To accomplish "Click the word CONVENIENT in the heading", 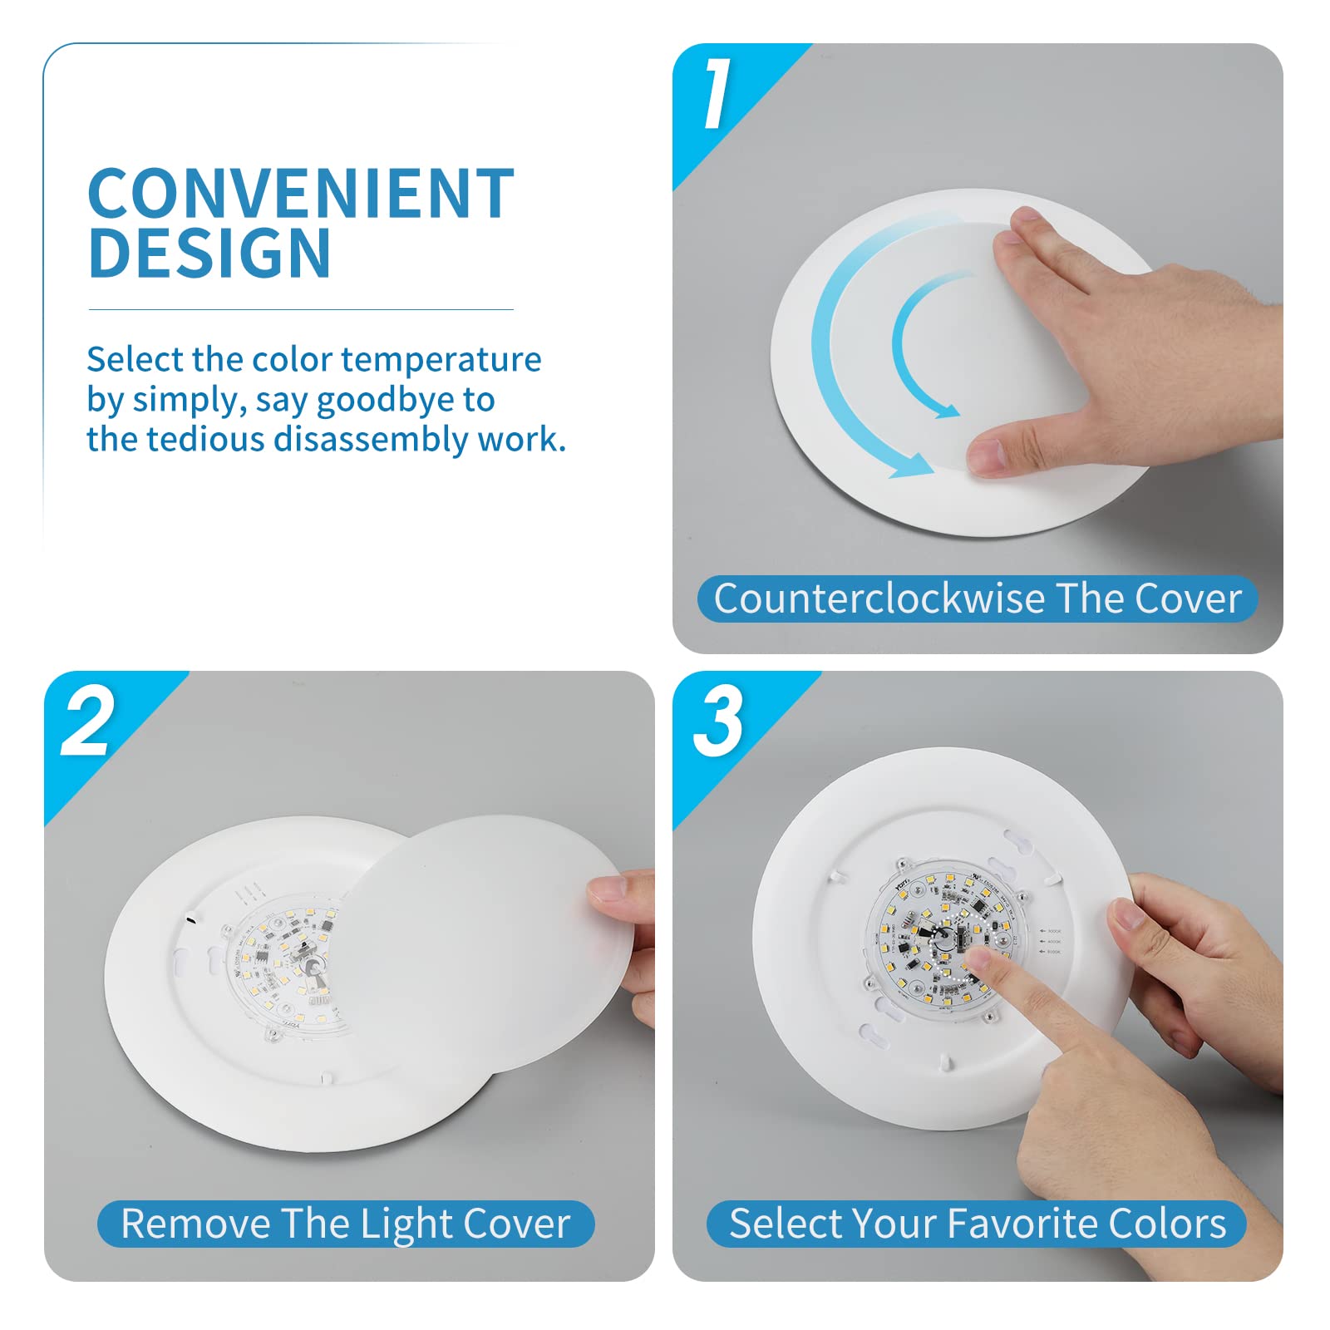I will click(300, 194).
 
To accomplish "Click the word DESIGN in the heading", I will click(209, 254).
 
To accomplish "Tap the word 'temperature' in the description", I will click(441, 360).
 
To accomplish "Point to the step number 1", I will click(717, 93).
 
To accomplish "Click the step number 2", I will click(88, 722).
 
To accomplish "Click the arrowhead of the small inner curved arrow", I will click(946, 410).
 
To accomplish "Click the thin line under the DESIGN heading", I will click(300, 310).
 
